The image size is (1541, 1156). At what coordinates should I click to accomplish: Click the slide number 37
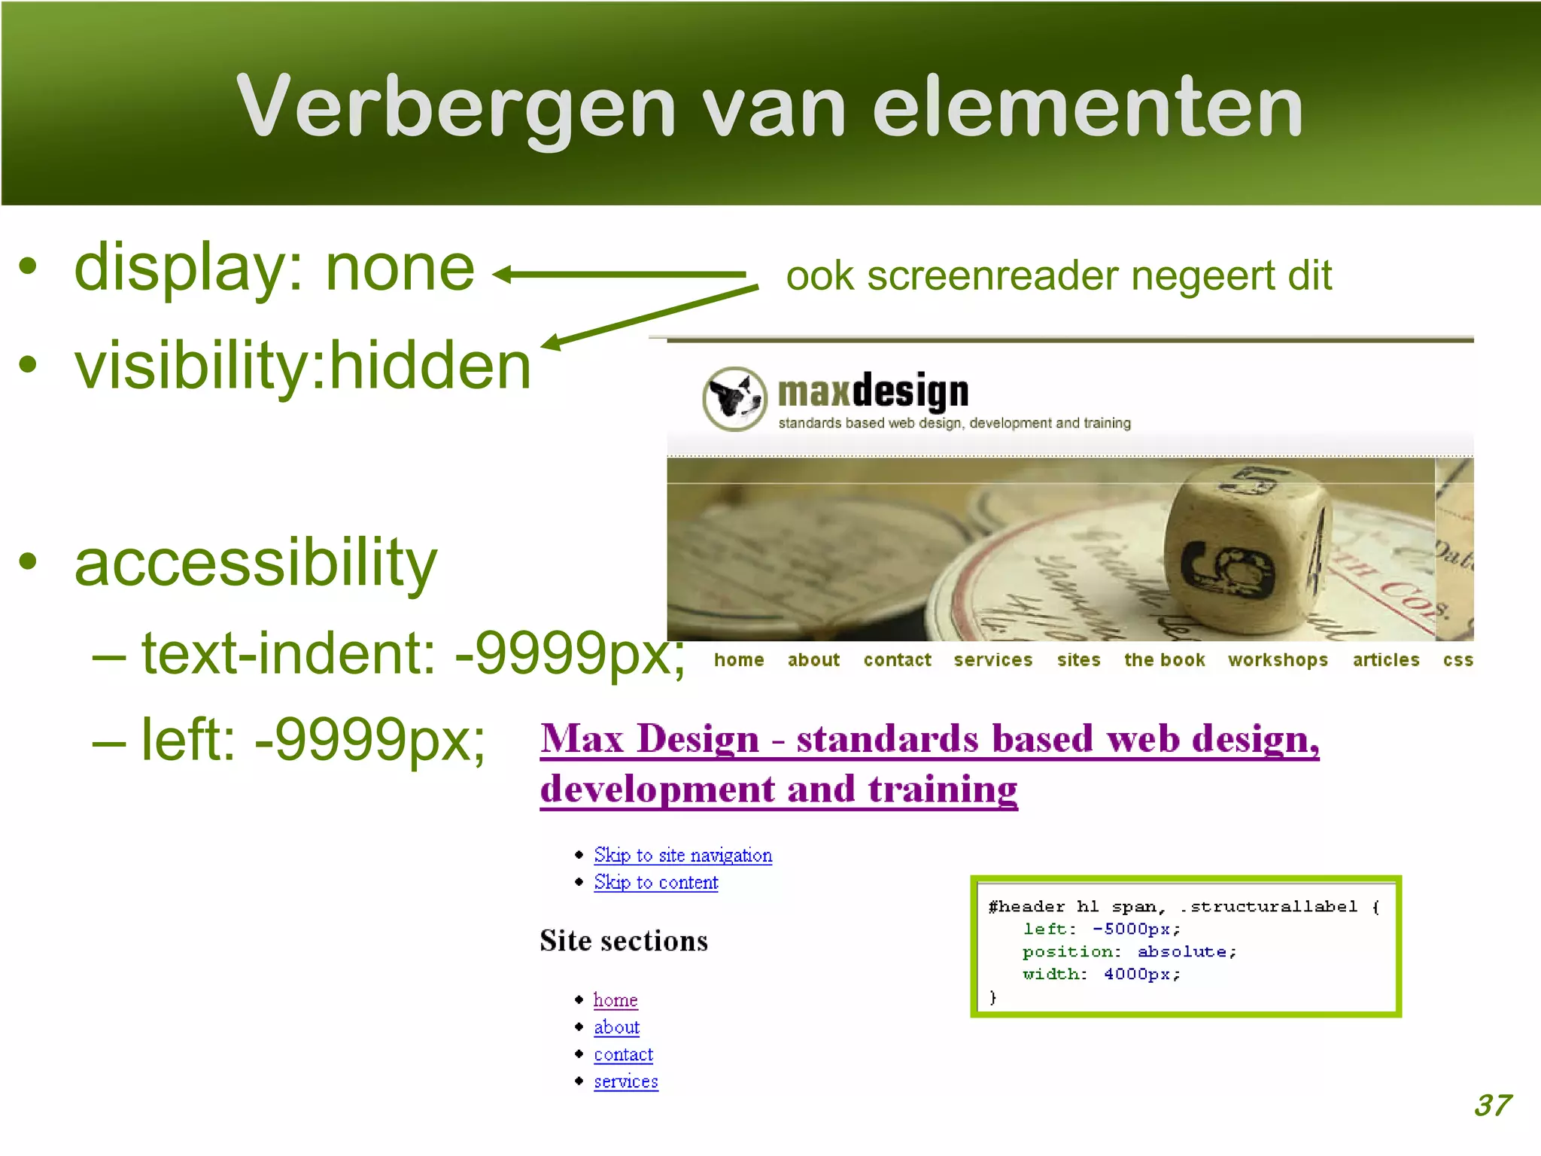point(1491,1105)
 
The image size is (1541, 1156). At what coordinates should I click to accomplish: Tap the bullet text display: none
point(275,268)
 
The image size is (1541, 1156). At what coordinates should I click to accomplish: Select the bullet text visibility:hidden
point(302,366)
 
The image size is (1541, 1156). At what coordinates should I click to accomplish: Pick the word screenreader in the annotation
point(992,275)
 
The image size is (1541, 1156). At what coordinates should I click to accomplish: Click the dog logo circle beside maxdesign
point(734,399)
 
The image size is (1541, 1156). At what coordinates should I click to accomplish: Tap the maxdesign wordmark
point(873,392)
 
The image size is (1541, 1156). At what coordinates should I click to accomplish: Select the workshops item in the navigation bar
point(1278,660)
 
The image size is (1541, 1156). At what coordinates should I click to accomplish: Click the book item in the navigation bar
point(1164,660)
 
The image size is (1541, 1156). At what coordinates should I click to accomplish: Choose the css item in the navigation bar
point(1457,660)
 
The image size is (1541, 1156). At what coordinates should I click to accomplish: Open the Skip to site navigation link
point(682,856)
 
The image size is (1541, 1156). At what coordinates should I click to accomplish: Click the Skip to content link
point(655,882)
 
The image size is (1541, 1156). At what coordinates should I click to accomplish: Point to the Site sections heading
point(623,941)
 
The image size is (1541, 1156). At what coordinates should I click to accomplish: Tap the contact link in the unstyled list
point(623,1054)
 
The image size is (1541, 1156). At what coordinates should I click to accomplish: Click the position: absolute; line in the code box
point(1129,952)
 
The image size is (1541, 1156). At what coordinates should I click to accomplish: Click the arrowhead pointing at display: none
point(503,275)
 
